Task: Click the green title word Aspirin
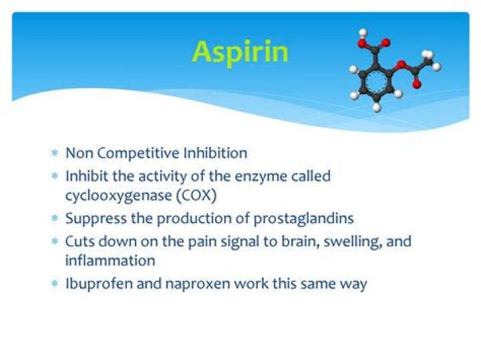click(x=240, y=51)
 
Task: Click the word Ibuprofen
click(x=94, y=283)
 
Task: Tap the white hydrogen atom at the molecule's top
click(x=363, y=32)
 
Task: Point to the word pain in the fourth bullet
click(x=201, y=241)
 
